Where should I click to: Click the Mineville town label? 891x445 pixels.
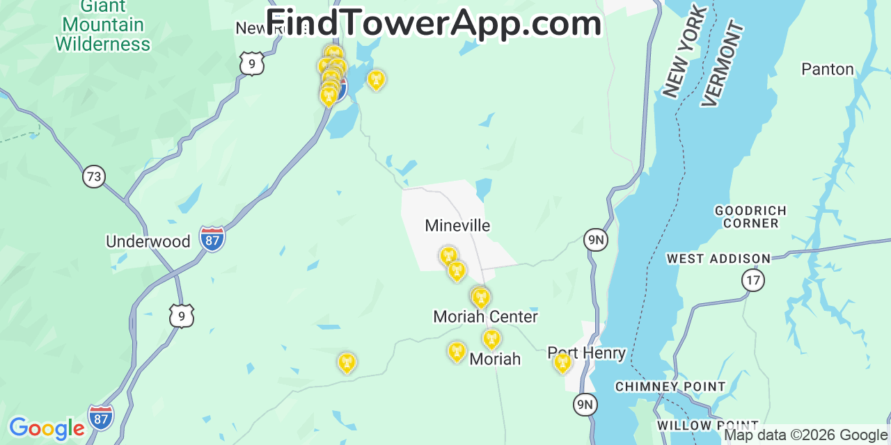click(x=457, y=226)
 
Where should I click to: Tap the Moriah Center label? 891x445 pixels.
click(x=485, y=317)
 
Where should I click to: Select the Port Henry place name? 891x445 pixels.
click(x=586, y=353)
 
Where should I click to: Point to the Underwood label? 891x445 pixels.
click(x=148, y=242)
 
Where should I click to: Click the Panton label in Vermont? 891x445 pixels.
click(x=827, y=70)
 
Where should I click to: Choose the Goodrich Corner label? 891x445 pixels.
click(x=750, y=217)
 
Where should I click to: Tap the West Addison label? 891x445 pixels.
click(x=718, y=259)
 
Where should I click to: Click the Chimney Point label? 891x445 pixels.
click(x=670, y=387)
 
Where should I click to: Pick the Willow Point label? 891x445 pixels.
click(x=707, y=426)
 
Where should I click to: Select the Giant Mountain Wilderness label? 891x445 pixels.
click(x=103, y=26)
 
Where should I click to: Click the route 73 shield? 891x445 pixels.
click(x=93, y=176)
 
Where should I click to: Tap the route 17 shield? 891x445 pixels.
click(x=752, y=280)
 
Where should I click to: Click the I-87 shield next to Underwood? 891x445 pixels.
click(x=212, y=238)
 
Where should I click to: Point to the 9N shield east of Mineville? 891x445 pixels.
click(x=595, y=241)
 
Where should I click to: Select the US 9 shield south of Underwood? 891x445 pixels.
click(x=181, y=316)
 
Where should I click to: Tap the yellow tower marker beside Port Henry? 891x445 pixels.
click(x=562, y=362)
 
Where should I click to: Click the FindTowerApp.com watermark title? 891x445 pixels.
click(x=434, y=24)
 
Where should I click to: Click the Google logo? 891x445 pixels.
click(x=46, y=428)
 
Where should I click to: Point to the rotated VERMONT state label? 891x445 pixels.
click(x=723, y=64)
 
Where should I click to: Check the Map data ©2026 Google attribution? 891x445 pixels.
click(x=805, y=435)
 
